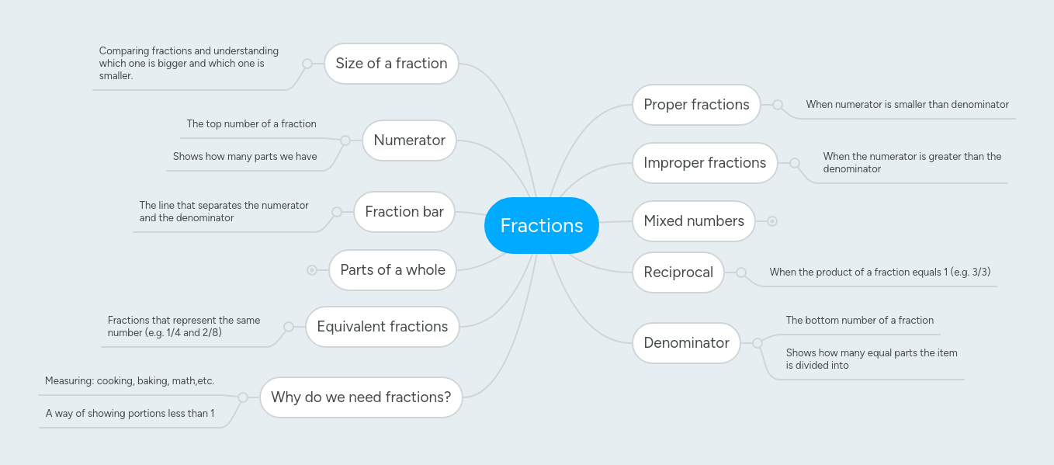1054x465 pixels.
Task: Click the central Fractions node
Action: [x=542, y=225]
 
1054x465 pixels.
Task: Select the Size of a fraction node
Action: [x=391, y=64]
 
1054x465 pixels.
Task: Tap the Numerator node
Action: [x=409, y=141]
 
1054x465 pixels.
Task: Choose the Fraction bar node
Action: [x=404, y=212]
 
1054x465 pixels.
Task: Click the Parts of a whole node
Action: [x=393, y=270]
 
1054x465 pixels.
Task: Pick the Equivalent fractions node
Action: [x=383, y=327]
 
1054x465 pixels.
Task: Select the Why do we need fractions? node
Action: [x=361, y=397]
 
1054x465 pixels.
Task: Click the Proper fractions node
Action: [x=696, y=105]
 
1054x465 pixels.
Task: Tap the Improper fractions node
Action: [x=705, y=163]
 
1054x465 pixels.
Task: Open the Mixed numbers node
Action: [x=694, y=221]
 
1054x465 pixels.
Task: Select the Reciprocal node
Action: [x=678, y=272]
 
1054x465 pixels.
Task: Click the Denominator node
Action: [x=686, y=343]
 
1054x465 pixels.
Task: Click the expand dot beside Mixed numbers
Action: [x=772, y=221]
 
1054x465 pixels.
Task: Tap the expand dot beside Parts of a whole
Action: [x=312, y=270]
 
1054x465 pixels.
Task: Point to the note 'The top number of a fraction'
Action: [x=251, y=124]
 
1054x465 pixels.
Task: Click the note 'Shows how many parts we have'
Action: [x=244, y=157]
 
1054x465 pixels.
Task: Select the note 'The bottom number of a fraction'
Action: [x=859, y=321]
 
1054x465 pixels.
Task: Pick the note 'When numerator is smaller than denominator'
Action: [x=907, y=105]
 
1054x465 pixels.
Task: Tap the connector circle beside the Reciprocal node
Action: [x=741, y=272]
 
